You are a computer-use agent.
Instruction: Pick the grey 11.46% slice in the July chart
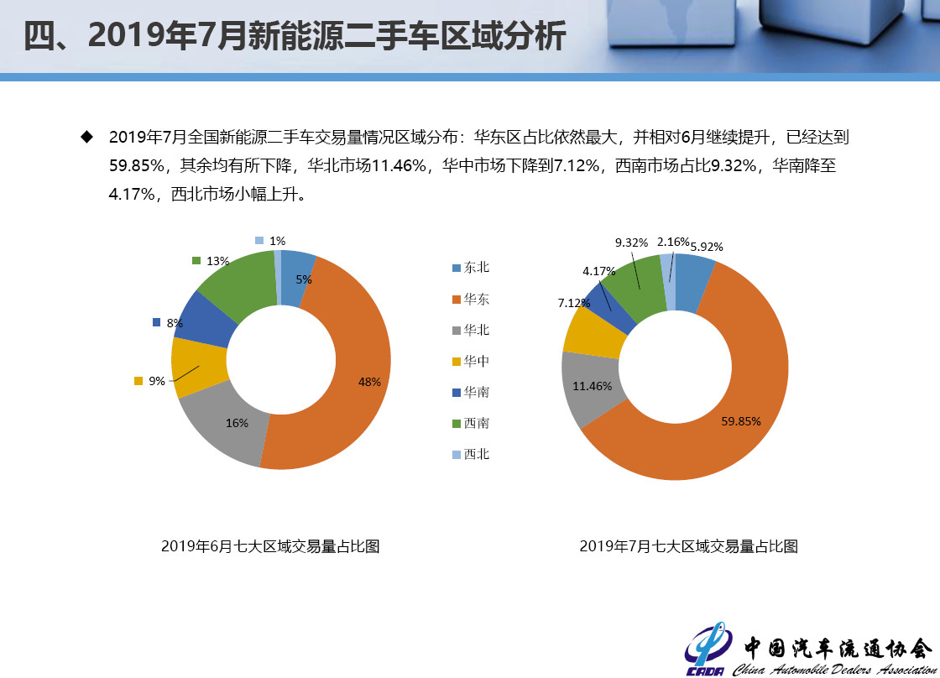click(591, 387)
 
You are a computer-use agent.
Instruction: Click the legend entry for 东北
click(471, 268)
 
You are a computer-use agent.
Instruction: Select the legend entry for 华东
click(471, 299)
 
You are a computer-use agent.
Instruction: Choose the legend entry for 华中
click(471, 361)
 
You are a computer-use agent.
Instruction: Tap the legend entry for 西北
click(471, 454)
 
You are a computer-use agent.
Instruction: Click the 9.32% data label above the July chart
click(631, 243)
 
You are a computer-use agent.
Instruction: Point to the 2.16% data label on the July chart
click(672, 243)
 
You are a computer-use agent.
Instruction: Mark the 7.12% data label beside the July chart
click(574, 303)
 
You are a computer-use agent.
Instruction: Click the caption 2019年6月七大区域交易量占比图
click(270, 546)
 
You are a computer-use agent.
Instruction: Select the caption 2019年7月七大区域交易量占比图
click(689, 546)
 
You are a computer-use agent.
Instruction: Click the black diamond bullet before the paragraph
click(87, 138)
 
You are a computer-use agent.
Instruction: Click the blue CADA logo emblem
click(708, 649)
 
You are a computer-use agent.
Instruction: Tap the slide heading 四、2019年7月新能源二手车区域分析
click(295, 35)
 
